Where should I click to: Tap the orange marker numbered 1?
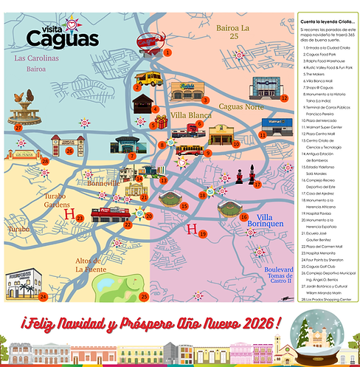click(x=168, y=52)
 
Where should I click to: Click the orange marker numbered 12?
click(x=283, y=97)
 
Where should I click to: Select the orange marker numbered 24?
click(x=44, y=297)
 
